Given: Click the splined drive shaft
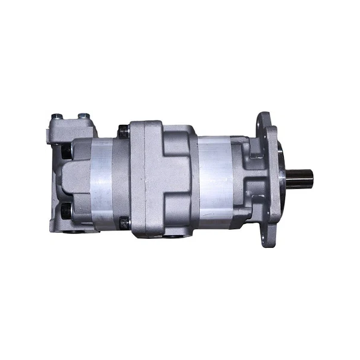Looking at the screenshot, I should click(303, 181).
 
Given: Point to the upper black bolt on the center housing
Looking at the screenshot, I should click(124, 131).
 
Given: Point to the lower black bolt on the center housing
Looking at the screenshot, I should click(124, 223).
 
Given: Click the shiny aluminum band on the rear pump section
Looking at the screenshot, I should click(102, 180).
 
